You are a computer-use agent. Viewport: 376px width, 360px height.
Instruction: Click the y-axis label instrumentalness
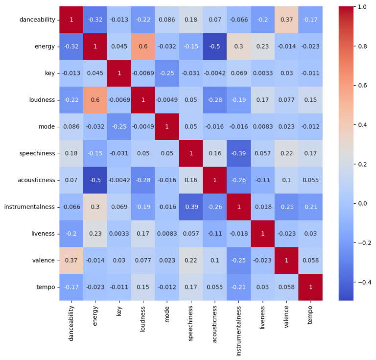point(29,207)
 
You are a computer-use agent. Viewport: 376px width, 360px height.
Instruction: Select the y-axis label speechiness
point(38,154)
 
